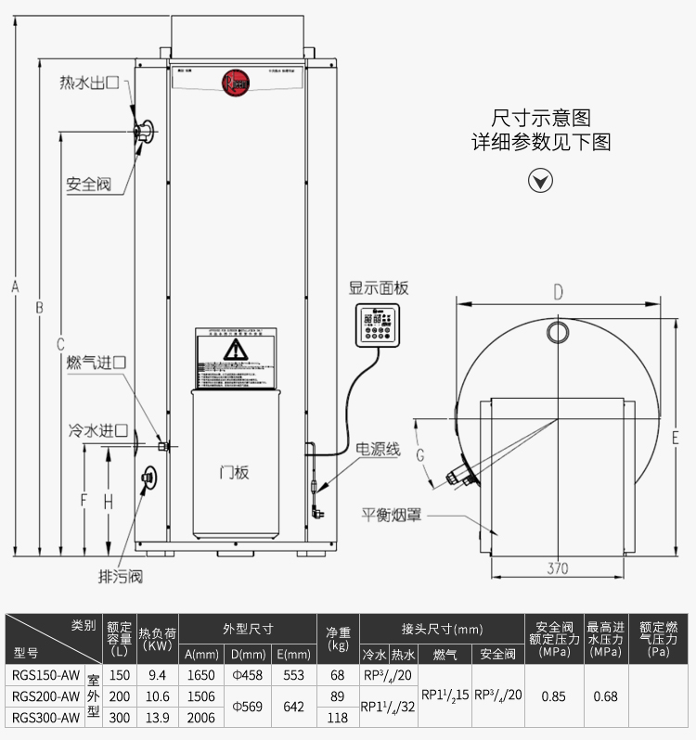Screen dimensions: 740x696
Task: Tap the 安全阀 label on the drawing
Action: pyautogui.click(x=88, y=185)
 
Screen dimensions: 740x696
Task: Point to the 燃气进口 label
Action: pyautogui.click(x=96, y=363)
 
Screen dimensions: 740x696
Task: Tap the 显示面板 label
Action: pyautogui.click(x=379, y=288)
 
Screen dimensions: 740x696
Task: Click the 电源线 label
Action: pyautogui.click(x=380, y=450)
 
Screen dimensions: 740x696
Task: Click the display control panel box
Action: pyautogui.click(x=379, y=324)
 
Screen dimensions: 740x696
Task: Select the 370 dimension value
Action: pyautogui.click(x=558, y=568)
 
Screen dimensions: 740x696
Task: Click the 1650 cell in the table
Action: pyautogui.click(x=201, y=675)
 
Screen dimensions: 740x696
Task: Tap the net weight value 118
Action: pyautogui.click(x=338, y=717)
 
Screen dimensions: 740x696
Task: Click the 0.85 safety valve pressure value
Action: pyautogui.click(x=554, y=695)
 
